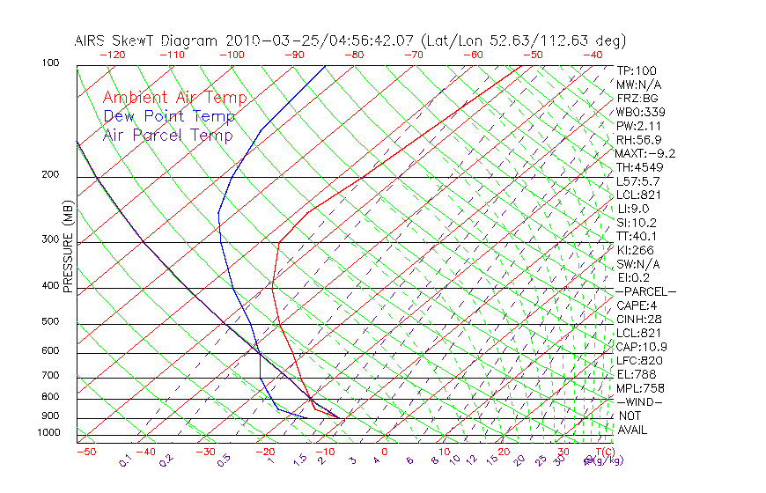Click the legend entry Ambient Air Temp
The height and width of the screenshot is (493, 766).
click(174, 98)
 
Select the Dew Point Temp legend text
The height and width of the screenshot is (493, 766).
click(169, 116)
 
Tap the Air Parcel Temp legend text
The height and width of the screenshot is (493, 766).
click(167, 135)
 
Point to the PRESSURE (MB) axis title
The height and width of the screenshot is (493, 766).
click(68, 246)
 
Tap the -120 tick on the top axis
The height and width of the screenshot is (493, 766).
click(112, 55)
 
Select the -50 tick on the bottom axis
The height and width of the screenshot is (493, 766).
click(86, 453)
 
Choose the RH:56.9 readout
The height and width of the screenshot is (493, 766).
click(639, 139)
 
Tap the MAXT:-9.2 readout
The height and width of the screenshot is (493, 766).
click(645, 153)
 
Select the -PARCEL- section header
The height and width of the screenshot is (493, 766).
click(645, 291)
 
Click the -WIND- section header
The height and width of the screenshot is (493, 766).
click(639, 401)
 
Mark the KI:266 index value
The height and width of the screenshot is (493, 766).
click(636, 250)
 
